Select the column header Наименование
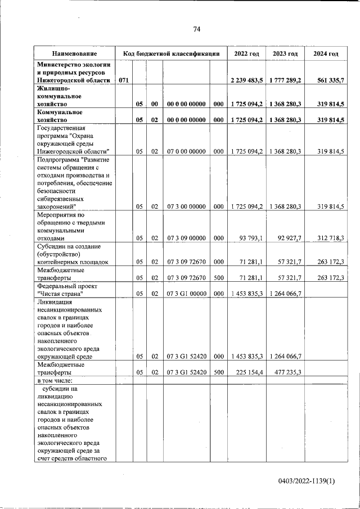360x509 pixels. [x=74, y=53]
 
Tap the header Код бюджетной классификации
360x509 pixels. [x=171, y=53]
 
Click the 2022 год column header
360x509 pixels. [x=246, y=53]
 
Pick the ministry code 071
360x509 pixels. [x=124, y=80]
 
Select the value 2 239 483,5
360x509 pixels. [x=246, y=80]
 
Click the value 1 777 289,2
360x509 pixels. [x=285, y=80]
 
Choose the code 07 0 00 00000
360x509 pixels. [x=186, y=151]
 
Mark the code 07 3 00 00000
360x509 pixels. [x=186, y=206]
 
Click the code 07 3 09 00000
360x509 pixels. [x=186, y=238]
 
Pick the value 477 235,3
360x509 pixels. [x=287, y=372]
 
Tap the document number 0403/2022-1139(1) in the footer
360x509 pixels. [x=307, y=481]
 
